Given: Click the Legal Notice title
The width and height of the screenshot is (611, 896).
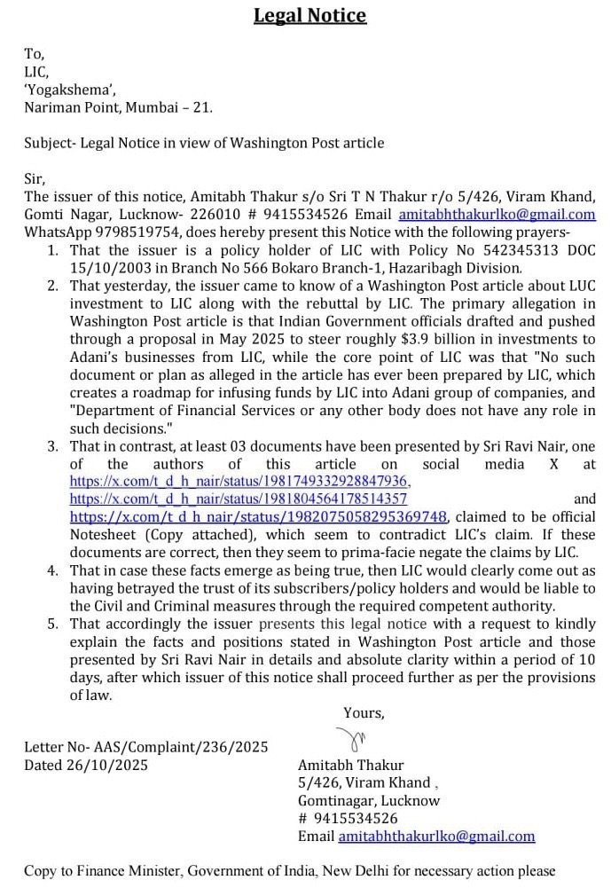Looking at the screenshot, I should pos(309,16).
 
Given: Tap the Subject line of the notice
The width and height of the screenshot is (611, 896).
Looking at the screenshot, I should pos(204,143).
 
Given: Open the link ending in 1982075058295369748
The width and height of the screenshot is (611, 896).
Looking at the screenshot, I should pos(260,516).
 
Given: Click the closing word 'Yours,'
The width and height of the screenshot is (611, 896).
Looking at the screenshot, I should pos(364,712).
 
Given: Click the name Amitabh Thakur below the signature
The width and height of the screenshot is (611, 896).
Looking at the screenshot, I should pos(350,765).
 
